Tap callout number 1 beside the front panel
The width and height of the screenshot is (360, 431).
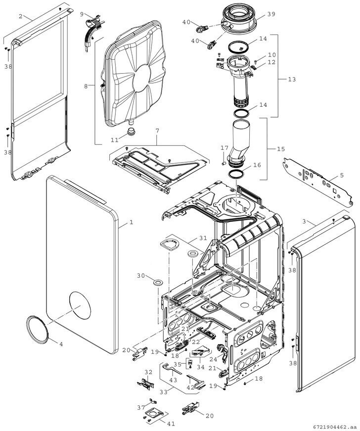(132, 222)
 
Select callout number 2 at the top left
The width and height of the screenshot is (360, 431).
(21, 16)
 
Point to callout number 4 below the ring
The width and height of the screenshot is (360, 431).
(61, 344)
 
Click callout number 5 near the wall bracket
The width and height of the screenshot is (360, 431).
(341, 175)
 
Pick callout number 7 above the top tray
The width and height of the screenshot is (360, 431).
(157, 130)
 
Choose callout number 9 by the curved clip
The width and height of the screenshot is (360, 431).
(82, 15)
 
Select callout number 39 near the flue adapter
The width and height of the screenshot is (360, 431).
(271, 14)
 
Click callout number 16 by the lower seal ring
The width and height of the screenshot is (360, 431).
(256, 165)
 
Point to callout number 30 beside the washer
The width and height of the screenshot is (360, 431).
(140, 276)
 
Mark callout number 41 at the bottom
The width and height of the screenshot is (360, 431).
(172, 424)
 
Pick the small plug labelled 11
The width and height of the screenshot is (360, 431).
(131, 131)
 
